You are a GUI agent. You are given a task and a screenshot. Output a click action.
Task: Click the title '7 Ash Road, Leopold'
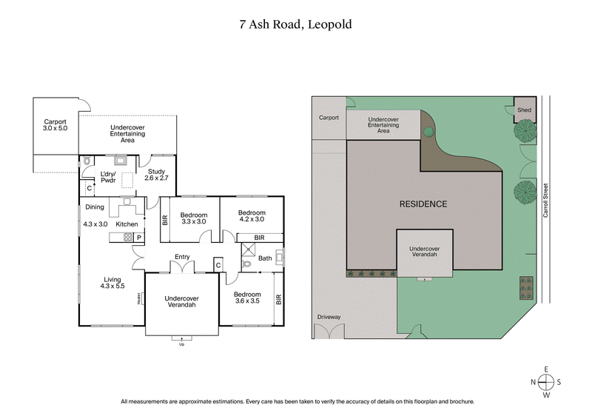pos(295,24)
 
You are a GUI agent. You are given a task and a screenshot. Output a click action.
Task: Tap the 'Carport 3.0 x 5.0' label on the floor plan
pos(55,124)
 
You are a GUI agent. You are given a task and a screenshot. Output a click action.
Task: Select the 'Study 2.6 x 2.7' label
pos(156,175)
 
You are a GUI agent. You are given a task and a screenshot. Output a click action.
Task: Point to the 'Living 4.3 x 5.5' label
pos(113,283)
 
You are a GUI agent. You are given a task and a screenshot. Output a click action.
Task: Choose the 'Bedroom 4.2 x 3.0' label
pos(251,216)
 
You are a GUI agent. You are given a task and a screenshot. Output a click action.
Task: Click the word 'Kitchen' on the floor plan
pos(127,224)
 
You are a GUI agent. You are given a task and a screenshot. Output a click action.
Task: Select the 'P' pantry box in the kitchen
pos(138,237)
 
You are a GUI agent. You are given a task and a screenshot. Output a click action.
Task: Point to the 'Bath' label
pos(265,258)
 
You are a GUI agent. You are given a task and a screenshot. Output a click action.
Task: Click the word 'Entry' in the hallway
pos(182,257)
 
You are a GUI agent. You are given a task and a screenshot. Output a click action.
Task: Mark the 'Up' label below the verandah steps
pos(181,343)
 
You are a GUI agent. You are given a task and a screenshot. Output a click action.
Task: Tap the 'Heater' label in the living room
pos(138,298)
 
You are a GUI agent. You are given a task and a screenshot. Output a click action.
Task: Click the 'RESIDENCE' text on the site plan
pos(423,204)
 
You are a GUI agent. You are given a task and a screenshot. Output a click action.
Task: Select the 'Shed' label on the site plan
pos(524,110)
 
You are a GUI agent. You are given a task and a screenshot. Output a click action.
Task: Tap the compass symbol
pos(546,382)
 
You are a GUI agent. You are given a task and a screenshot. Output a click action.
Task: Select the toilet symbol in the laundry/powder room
pos(87,160)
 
